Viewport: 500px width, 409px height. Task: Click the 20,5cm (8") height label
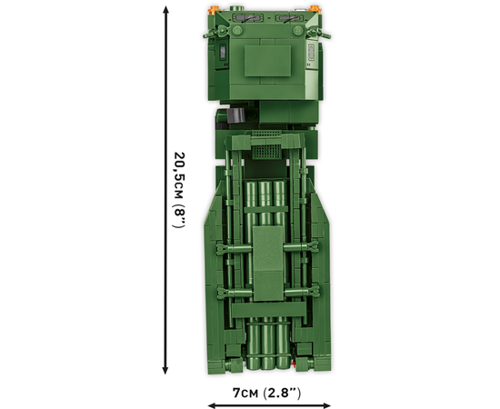point(179,190)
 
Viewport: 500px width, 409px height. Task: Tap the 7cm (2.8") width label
point(266,393)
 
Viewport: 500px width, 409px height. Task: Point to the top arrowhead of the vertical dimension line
point(165,10)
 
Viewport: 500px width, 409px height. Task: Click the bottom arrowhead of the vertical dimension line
point(165,370)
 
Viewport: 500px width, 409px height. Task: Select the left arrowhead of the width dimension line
point(212,405)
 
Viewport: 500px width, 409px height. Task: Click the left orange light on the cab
point(213,10)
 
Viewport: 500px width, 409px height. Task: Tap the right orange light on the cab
point(315,10)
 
